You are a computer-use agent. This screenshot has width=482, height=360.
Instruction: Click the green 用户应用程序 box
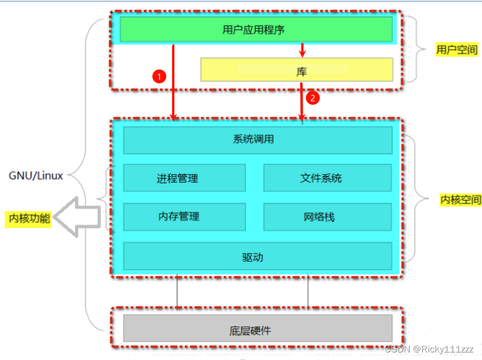tap(255, 29)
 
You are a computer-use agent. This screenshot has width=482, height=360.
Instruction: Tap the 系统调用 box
tap(257, 140)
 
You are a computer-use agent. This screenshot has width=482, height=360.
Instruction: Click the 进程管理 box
tap(184, 178)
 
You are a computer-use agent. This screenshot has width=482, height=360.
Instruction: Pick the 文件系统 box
tap(327, 178)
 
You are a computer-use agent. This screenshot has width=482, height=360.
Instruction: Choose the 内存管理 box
tap(184, 216)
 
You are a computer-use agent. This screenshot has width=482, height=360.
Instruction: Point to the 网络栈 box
tap(327, 216)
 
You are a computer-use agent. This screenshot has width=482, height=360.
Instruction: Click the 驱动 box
tap(257, 256)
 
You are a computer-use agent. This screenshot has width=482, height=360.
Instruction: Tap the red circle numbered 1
tap(159, 76)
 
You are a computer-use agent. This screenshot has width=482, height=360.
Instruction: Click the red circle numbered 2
tap(312, 98)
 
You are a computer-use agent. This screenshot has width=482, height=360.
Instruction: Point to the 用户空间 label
tap(457, 50)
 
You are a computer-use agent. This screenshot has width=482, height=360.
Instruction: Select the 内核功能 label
tap(30, 218)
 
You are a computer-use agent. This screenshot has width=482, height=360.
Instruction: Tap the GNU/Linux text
tap(36, 175)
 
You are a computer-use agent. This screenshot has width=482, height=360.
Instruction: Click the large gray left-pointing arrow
tap(79, 216)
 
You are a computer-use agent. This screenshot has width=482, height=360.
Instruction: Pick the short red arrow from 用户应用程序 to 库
tap(301, 51)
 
